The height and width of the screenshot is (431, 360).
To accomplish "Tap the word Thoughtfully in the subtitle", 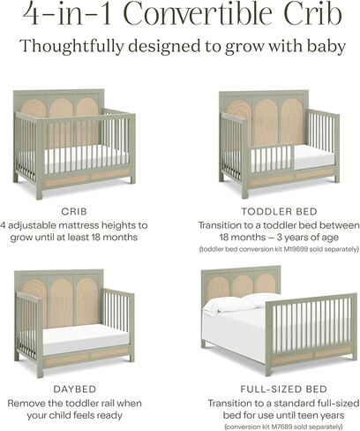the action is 71,47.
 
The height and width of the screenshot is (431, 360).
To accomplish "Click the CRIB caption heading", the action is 74,211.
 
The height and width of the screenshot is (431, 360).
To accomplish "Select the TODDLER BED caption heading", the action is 280,211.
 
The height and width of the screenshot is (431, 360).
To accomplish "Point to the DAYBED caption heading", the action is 75,389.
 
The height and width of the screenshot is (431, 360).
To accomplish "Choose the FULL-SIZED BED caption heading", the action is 284,389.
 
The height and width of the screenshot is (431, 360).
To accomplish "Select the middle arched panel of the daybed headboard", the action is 61,303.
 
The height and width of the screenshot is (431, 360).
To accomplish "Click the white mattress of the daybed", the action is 86,339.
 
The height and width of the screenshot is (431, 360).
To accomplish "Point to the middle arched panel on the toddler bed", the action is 266,122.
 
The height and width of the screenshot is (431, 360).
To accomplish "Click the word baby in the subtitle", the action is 326,47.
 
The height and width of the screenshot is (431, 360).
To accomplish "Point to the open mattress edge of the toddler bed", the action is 315,157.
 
